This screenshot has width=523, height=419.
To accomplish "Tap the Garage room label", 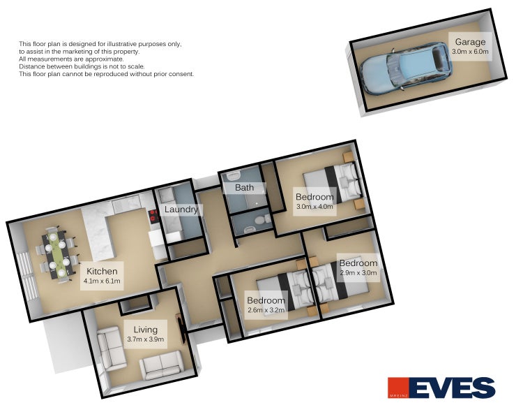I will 471,42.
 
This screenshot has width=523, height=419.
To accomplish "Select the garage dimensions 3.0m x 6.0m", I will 471,52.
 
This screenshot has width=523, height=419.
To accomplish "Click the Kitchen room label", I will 102,271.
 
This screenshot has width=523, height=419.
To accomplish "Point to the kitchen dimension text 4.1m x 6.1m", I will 102,281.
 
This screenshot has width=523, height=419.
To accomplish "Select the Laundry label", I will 181,209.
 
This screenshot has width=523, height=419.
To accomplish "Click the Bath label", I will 244,188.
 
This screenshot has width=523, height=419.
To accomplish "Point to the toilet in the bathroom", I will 260,220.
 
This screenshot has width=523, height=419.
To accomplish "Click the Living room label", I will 145,329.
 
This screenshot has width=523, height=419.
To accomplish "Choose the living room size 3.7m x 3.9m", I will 145,339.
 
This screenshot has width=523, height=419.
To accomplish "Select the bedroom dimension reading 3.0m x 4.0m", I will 315,207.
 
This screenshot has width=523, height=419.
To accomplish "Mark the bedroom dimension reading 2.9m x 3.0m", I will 358,273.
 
